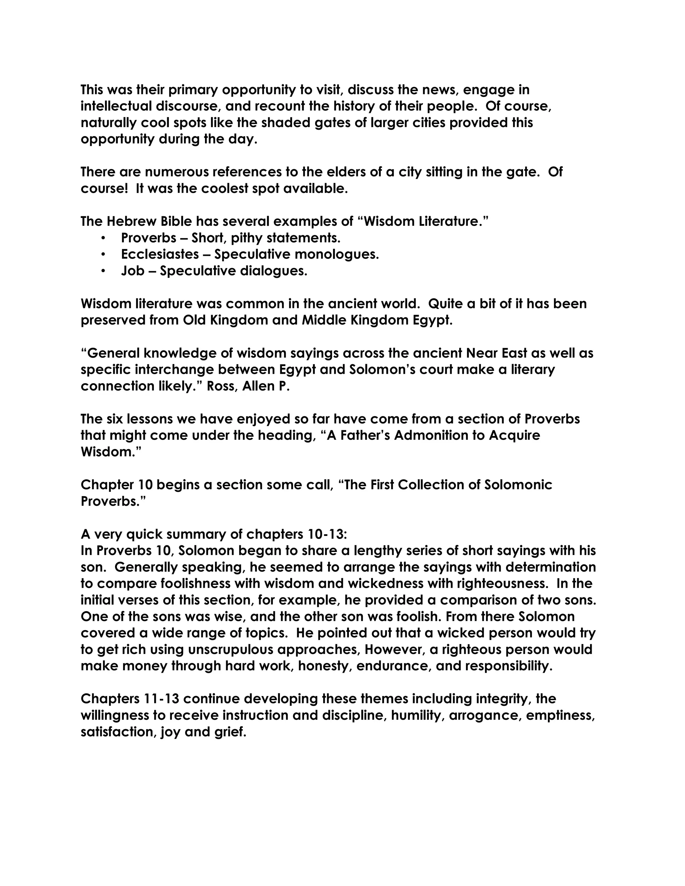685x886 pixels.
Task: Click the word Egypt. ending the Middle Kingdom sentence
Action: tap(432, 321)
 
